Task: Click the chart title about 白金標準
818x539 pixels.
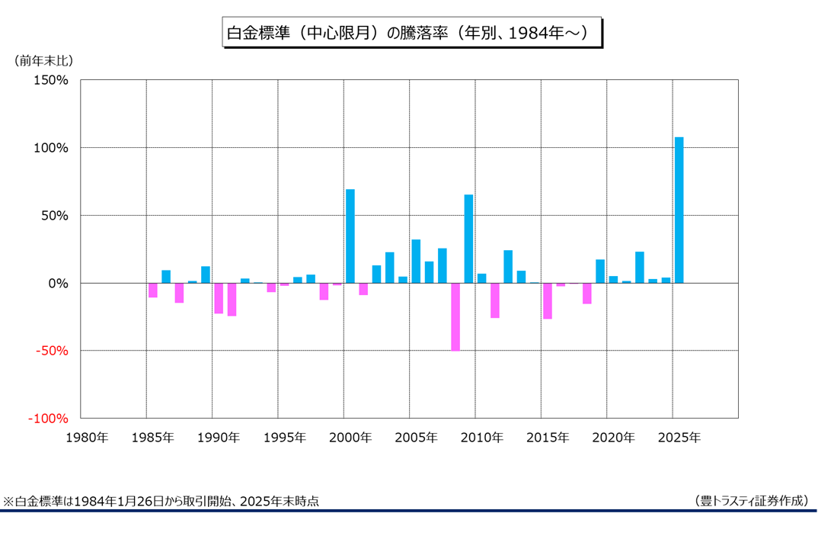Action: coord(409,33)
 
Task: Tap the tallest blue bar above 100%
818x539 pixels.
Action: coord(679,210)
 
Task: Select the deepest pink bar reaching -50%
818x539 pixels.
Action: coord(455,316)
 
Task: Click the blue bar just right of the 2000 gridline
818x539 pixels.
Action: coord(350,236)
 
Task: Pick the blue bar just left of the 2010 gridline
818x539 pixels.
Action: coord(468,239)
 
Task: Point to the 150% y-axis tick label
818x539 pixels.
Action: coord(51,80)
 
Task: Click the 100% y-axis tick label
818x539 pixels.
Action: coord(51,148)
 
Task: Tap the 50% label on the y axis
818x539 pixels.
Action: coord(54,216)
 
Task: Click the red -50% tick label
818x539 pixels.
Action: coord(52,351)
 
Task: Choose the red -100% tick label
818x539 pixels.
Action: coord(49,419)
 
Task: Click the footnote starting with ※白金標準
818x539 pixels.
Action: coord(161,501)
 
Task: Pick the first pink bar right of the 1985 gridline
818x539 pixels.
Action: coord(153,290)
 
